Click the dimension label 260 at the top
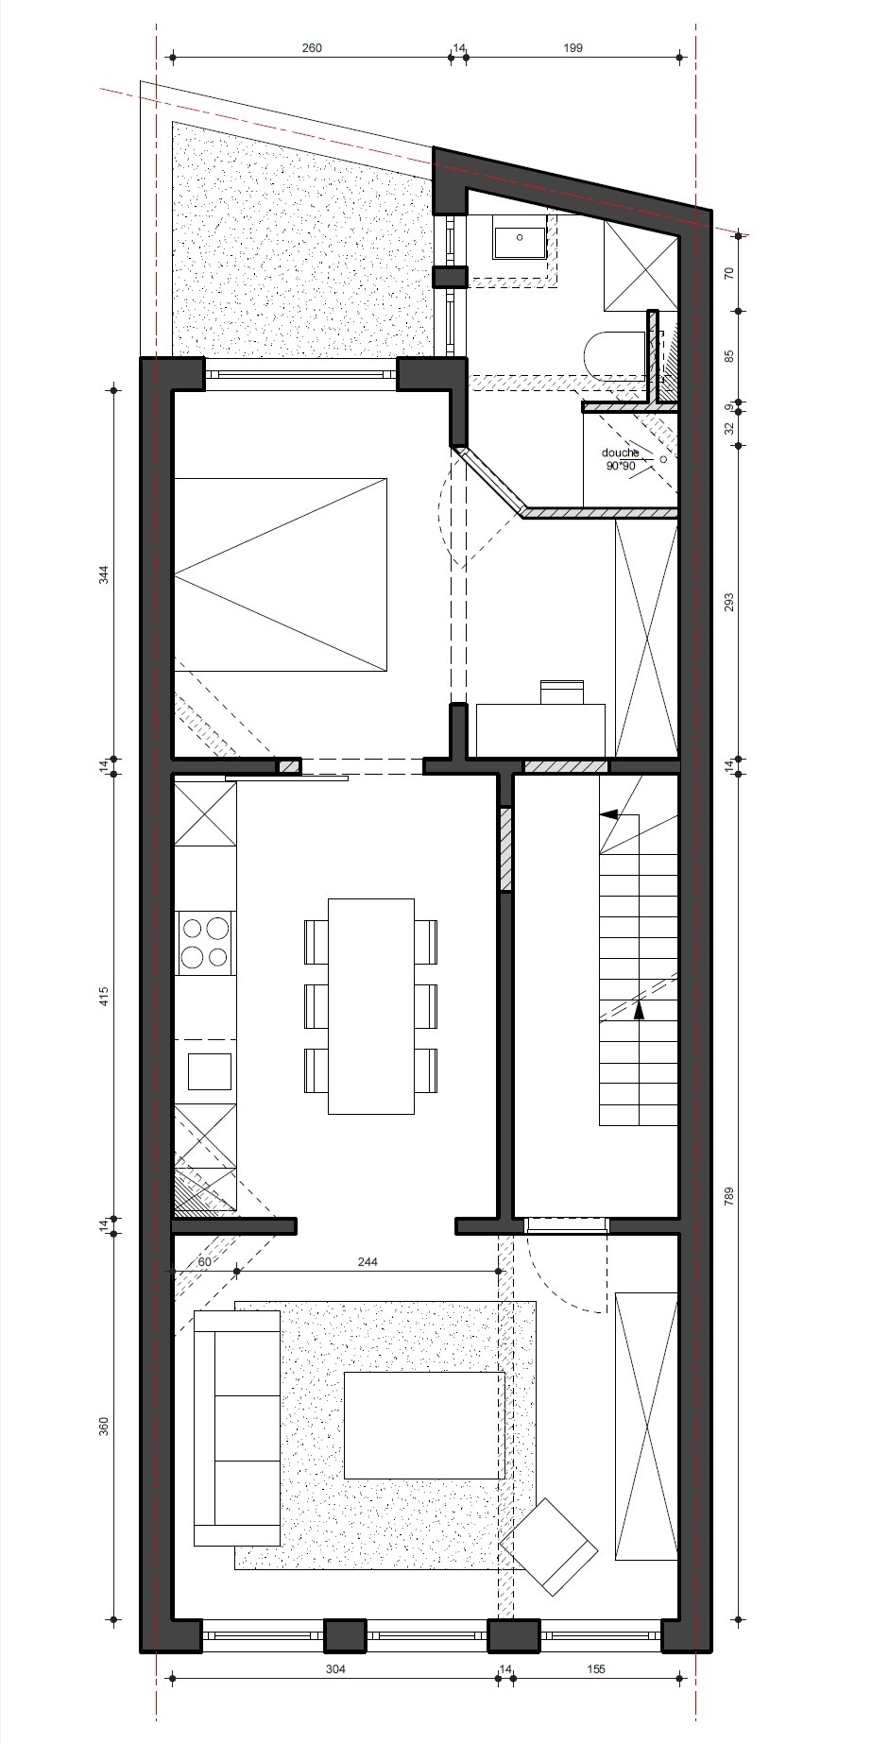(x=312, y=48)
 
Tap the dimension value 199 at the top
(x=573, y=48)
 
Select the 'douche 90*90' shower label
(x=621, y=459)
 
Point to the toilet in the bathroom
(x=615, y=355)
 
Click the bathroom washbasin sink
(x=519, y=236)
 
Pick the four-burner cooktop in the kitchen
(x=205, y=943)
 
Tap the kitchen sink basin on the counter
(x=209, y=1071)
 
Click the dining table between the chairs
(x=371, y=1006)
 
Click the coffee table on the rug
(x=423, y=1426)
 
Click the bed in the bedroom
(x=281, y=574)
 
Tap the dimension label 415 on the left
(x=104, y=997)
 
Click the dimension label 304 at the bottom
(x=335, y=1669)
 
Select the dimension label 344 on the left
(x=104, y=575)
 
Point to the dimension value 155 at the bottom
(x=595, y=1669)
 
